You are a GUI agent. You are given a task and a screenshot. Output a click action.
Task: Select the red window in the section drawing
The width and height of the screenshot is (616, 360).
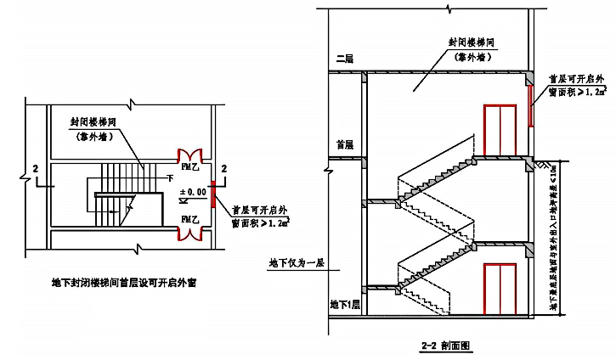point(530,99)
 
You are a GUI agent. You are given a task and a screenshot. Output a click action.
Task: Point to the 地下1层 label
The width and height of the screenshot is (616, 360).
point(345,303)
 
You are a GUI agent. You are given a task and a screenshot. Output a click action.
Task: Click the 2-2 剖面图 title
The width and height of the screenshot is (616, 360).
point(445,346)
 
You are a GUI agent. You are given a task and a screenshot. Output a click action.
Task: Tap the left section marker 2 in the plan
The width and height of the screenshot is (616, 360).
point(34,169)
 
